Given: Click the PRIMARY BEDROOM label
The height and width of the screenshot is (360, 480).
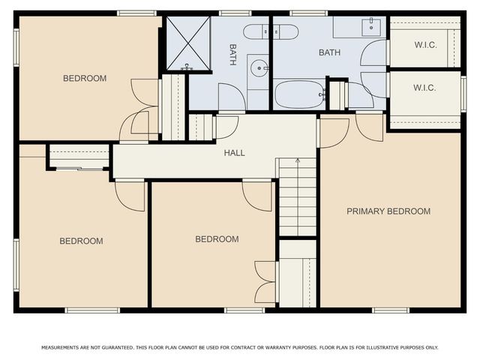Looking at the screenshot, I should pos(388,211).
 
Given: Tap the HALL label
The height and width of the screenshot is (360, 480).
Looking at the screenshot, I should pos(235,153).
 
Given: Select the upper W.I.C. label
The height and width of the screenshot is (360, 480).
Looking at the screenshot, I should pos(424,43).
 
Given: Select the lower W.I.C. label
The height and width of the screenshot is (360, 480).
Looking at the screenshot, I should pos(424,88).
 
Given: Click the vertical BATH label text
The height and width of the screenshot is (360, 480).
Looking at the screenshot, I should pos(232,53).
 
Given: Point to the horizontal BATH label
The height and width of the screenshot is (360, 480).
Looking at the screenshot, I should pos(329,52).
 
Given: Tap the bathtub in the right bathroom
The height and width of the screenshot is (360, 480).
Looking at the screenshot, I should pos(298,94).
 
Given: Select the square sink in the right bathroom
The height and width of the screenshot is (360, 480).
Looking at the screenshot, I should pos(370,28).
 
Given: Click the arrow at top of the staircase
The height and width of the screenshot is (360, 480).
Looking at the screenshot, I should pos(298,160).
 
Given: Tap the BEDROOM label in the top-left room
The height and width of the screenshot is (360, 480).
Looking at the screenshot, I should pos(84,78).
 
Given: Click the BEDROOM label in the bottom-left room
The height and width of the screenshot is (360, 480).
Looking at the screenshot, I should pos(81,241).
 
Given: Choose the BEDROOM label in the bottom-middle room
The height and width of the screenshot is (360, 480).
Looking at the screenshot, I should pos(217,239).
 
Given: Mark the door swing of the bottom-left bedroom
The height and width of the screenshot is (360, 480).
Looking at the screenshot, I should pos(130,195).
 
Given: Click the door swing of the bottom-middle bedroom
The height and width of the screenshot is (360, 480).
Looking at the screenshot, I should pos(257,195).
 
